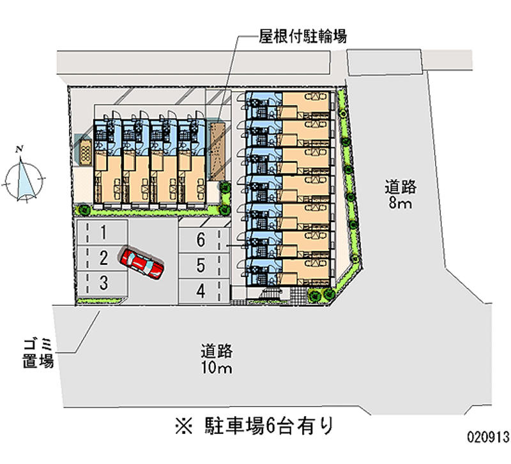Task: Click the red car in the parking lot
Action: (142, 262)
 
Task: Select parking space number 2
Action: (102, 257)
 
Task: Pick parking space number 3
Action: (102, 281)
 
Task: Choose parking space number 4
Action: (201, 291)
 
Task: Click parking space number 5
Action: (201, 265)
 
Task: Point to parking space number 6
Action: (201, 241)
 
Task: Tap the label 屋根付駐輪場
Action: (303, 36)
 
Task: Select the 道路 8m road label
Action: (400, 195)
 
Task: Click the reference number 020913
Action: (487, 438)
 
